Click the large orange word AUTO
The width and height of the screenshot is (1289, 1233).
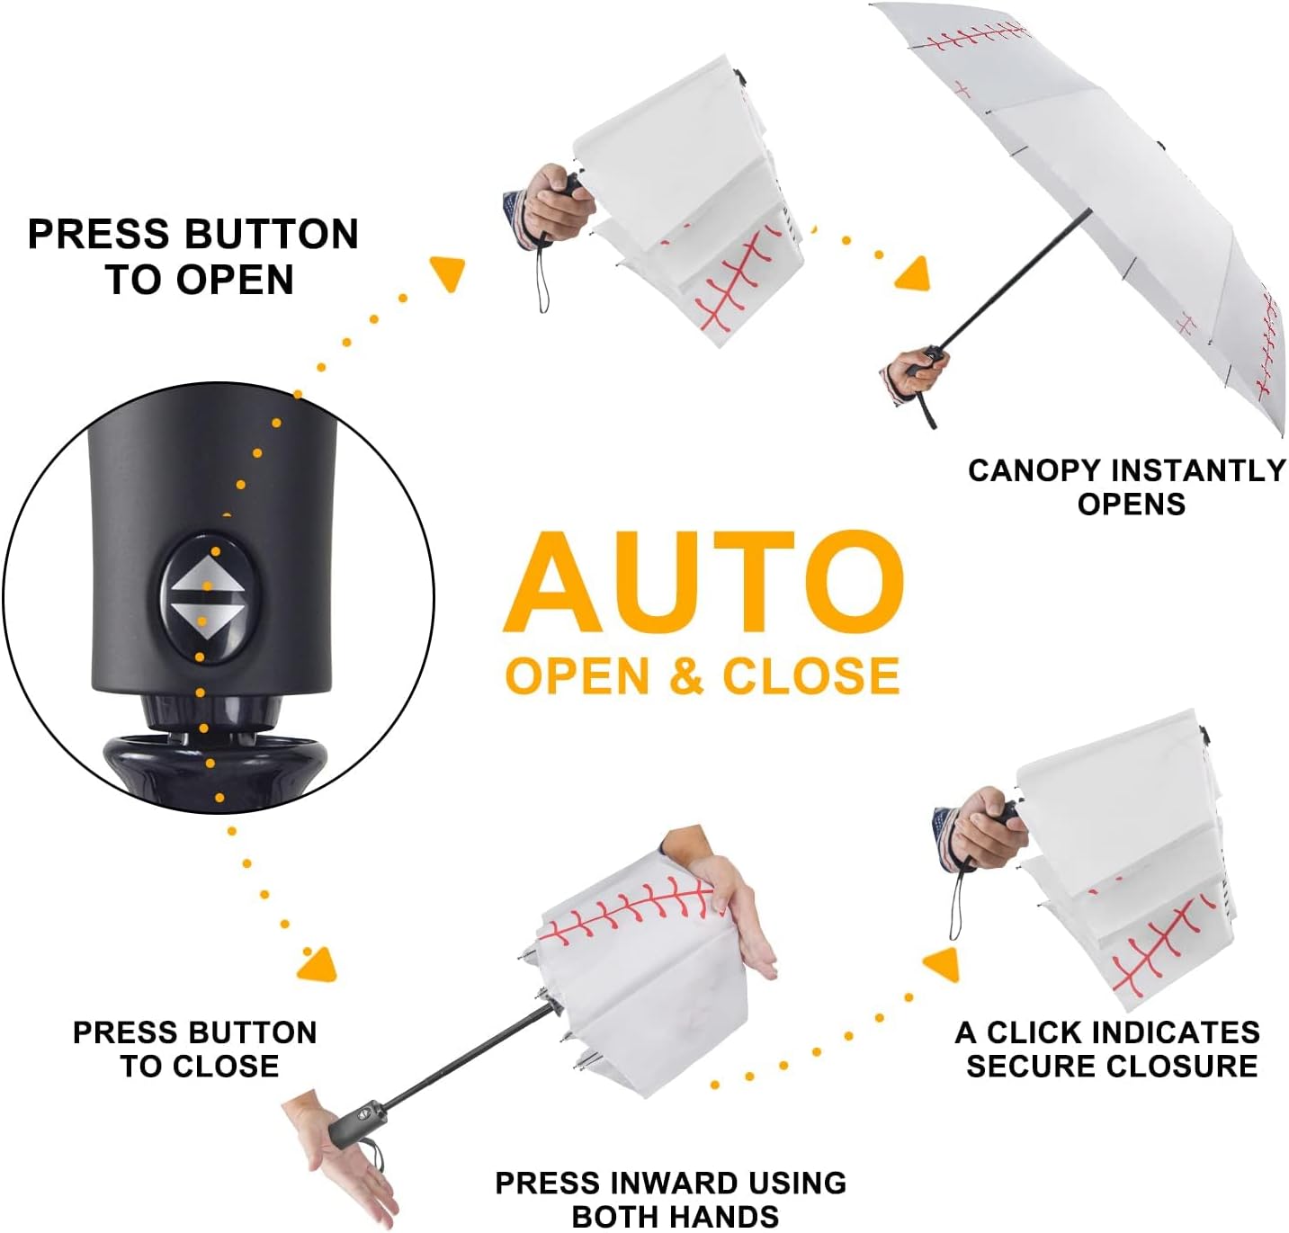(x=703, y=582)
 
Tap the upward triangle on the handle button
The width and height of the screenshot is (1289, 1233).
(x=206, y=574)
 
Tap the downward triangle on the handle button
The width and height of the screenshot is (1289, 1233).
(x=206, y=621)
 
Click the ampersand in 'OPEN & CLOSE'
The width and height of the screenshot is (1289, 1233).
(x=686, y=676)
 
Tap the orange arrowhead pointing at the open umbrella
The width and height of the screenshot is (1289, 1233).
(x=914, y=274)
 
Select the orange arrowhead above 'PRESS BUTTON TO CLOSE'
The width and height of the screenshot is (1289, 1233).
(x=318, y=965)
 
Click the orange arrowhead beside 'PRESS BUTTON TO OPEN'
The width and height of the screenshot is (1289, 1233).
(x=449, y=273)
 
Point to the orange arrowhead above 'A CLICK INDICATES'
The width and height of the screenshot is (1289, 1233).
(x=942, y=965)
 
